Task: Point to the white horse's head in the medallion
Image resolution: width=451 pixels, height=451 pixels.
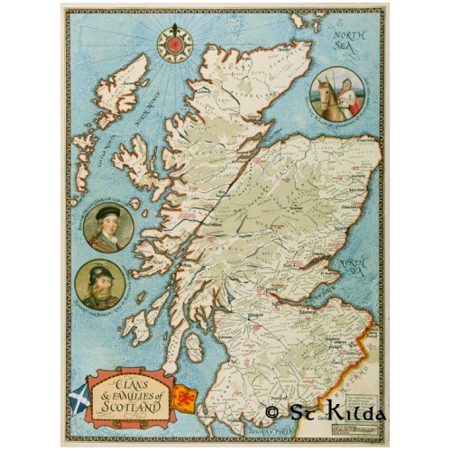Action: click(322, 87)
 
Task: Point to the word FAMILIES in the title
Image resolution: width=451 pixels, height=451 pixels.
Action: click(135, 391)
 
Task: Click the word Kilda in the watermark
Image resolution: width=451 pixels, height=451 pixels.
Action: click(355, 413)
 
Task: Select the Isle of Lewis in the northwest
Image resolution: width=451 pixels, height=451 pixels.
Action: click(127, 86)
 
